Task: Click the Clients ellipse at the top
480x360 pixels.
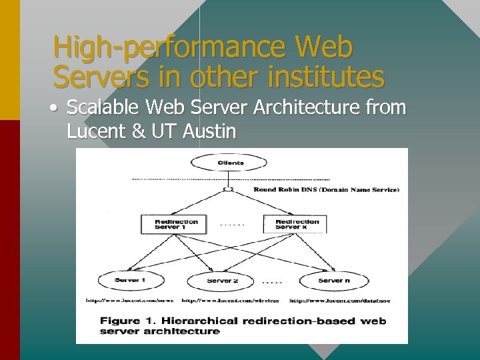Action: click(x=230, y=163)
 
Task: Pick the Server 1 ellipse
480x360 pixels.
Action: click(x=129, y=280)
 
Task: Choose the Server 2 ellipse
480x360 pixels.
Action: click(x=222, y=281)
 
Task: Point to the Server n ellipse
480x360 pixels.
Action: click(x=333, y=281)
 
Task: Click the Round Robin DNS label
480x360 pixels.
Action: click(x=326, y=190)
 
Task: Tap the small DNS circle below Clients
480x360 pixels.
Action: click(x=229, y=189)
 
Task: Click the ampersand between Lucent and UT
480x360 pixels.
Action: click(x=139, y=131)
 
